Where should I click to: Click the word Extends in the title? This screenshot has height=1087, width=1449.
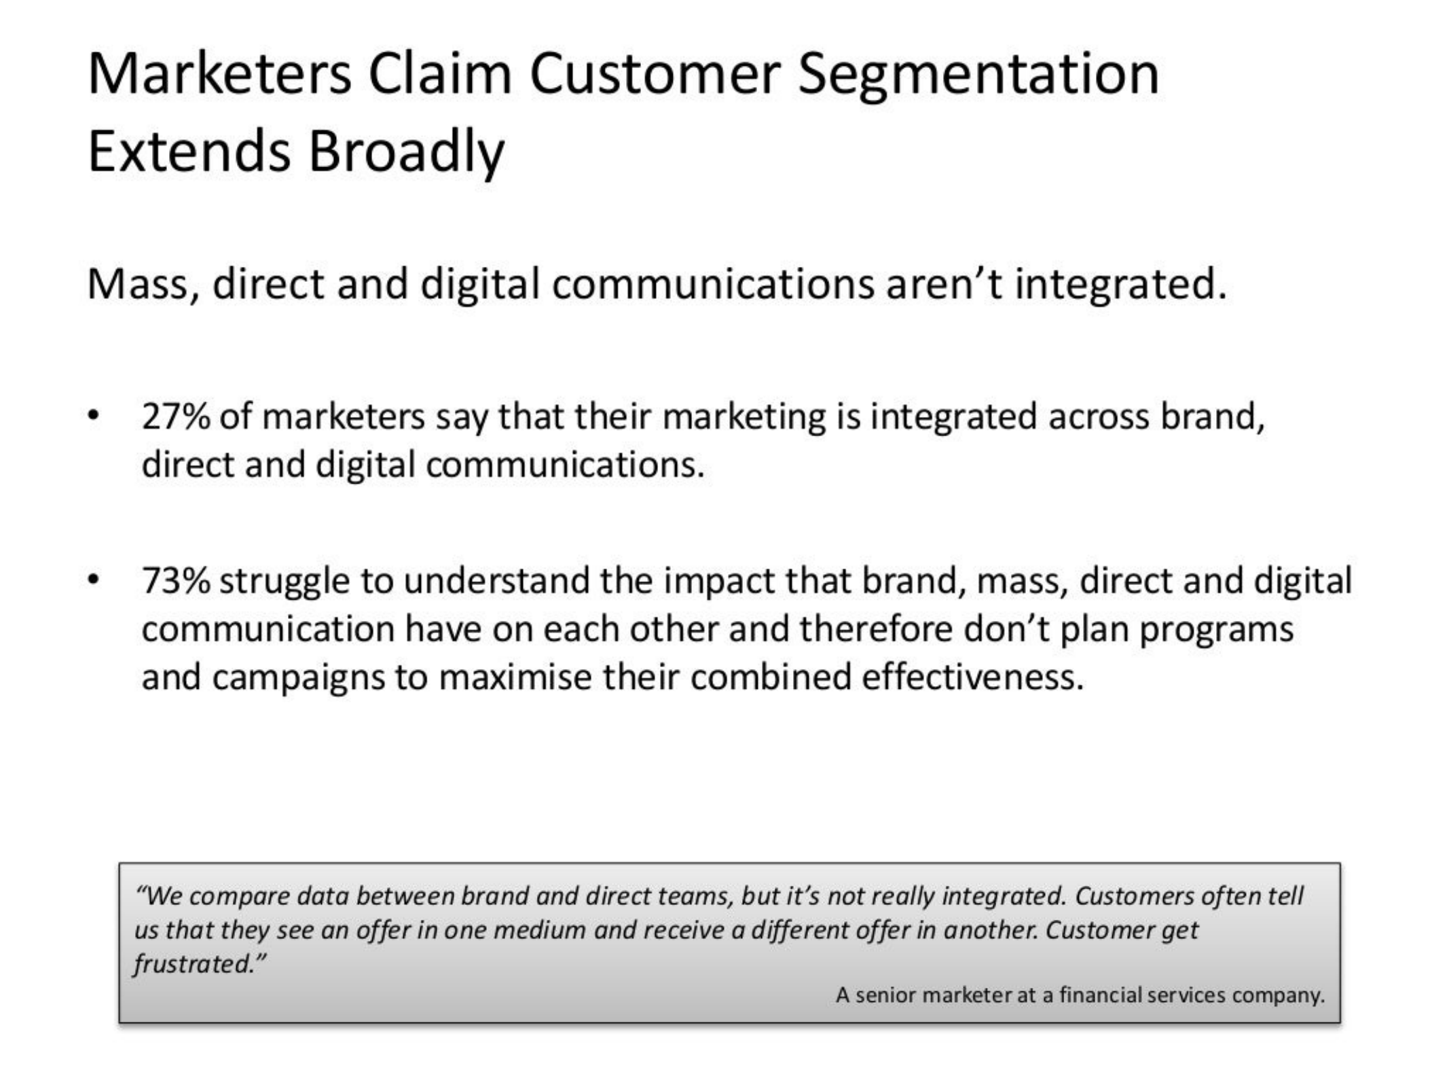click(x=189, y=150)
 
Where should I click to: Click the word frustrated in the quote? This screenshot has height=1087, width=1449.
click(x=195, y=964)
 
